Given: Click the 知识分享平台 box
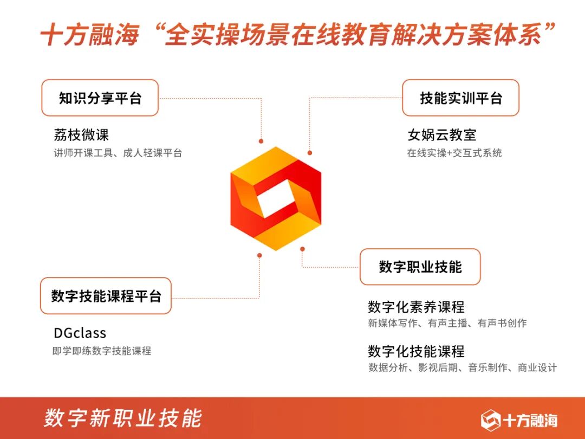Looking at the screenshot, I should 100,98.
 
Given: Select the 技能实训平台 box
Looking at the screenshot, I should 460,98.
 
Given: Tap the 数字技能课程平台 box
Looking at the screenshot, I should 106,296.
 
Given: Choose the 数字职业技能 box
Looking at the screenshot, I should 420,267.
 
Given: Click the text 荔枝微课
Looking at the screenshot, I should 81,135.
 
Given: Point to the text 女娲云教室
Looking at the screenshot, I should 441,135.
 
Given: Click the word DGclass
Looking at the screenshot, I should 80,333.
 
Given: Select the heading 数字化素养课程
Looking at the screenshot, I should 416,307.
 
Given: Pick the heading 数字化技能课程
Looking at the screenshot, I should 416,351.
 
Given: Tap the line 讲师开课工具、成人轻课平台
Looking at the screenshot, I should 118,153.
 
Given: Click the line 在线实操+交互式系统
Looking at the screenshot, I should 454,153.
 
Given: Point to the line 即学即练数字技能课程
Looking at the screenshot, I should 102,351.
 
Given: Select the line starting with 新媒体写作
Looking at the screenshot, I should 447,324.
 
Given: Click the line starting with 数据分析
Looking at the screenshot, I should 462,368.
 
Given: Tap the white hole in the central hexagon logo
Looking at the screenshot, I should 276,198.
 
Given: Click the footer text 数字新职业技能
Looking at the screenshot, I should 123,418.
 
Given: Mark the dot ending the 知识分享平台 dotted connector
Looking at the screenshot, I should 261,141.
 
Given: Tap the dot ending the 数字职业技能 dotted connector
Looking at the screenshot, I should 302,249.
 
